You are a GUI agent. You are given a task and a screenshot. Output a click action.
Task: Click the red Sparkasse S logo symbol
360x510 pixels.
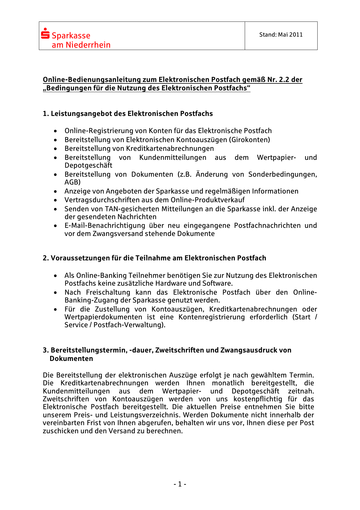(45, 33)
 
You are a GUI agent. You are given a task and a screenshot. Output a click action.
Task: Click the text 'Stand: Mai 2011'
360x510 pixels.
(281, 35)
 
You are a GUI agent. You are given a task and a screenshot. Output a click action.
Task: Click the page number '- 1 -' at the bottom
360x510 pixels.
(180, 484)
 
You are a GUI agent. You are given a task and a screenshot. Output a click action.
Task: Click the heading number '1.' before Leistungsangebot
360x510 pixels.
(46, 114)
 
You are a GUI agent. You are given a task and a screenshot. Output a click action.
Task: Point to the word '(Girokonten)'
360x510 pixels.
(249, 140)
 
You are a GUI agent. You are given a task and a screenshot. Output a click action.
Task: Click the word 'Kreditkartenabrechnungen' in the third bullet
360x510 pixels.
(170, 148)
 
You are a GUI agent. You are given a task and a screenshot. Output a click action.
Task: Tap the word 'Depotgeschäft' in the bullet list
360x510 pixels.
(88, 165)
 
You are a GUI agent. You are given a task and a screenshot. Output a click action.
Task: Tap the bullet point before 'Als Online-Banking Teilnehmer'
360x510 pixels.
(55, 275)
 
